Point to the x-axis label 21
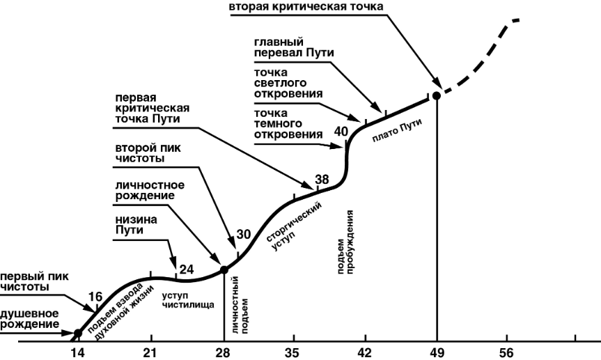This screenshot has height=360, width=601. [x=150, y=352]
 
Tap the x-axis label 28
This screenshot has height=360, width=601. [x=223, y=352]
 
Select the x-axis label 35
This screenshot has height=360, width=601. [x=294, y=352]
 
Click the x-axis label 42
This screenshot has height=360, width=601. [x=364, y=352]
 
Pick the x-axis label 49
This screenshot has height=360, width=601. [x=437, y=352]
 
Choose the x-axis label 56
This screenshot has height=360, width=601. [x=508, y=352]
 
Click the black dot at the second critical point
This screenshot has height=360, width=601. [x=436, y=96]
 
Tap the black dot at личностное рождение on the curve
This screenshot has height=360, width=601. [x=224, y=269]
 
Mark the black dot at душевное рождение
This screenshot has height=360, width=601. [x=77, y=333]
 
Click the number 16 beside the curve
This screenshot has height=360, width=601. [x=95, y=297]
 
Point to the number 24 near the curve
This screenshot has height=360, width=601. [x=187, y=269]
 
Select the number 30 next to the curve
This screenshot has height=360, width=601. [x=243, y=234]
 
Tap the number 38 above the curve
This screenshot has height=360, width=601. [x=322, y=180]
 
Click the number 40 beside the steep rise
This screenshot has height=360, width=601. [x=341, y=131]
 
